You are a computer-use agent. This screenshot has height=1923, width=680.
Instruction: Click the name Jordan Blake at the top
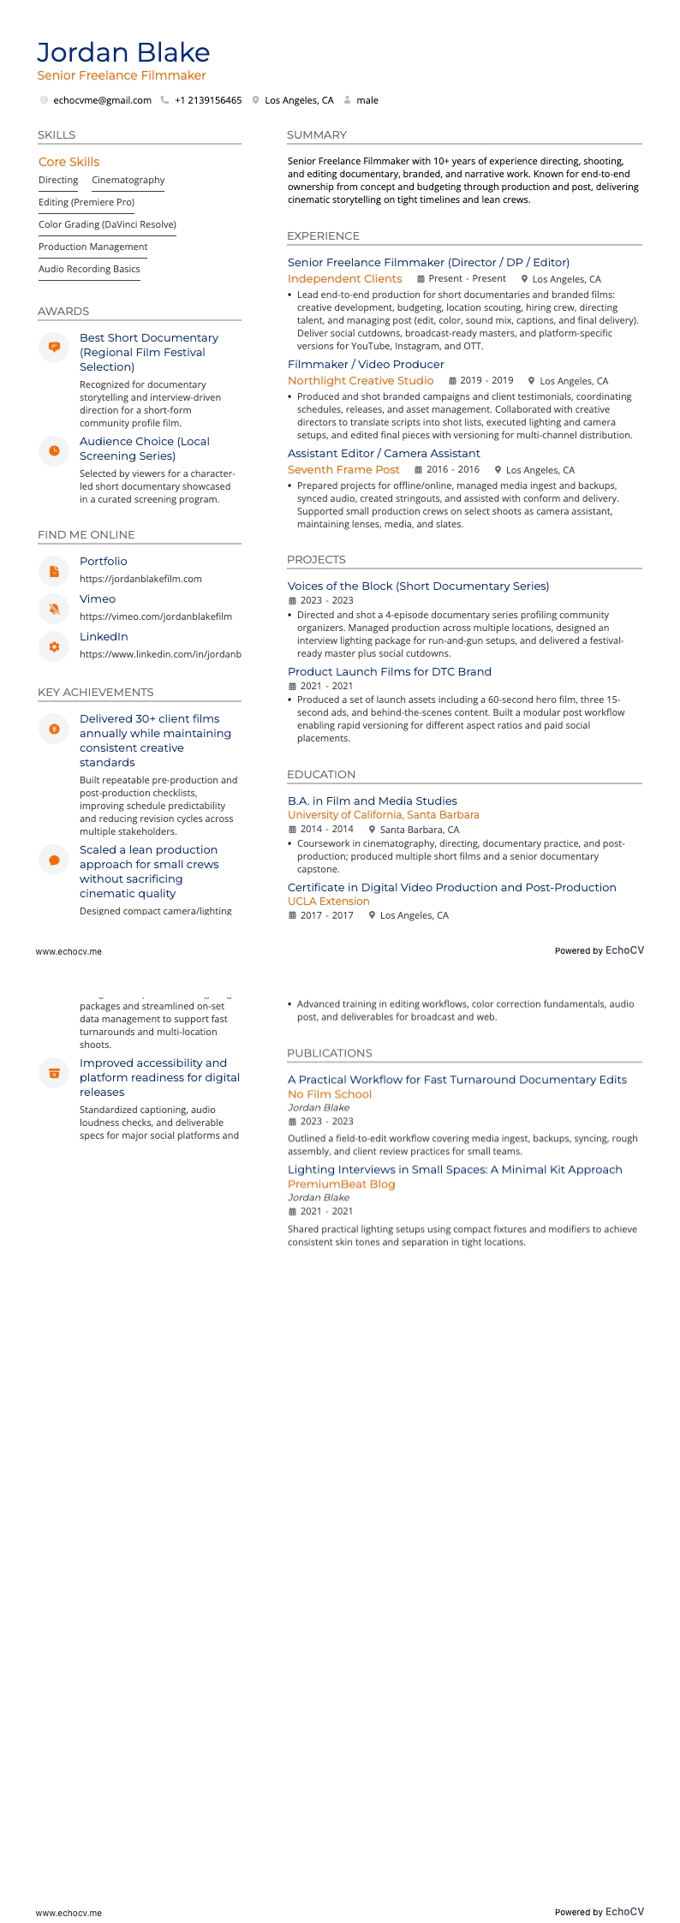tap(123, 53)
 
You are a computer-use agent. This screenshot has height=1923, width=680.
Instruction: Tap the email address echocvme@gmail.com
tap(102, 100)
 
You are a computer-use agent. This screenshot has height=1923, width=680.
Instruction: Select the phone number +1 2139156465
tap(208, 100)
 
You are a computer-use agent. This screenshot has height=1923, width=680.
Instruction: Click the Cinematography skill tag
tap(128, 180)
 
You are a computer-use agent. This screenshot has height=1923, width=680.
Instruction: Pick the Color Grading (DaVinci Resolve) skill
tap(107, 224)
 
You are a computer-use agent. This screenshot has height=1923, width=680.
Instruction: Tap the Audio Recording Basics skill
tap(89, 269)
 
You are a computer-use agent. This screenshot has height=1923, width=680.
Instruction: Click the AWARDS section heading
tap(63, 311)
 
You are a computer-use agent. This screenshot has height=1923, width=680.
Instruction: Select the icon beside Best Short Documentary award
tap(54, 347)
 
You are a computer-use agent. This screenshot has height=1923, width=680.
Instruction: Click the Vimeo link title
tap(98, 598)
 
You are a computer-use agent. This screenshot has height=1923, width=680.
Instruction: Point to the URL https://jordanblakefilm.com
tap(140, 579)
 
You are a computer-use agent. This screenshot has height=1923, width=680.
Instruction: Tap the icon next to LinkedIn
tap(54, 646)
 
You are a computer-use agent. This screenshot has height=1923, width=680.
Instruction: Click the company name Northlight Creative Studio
tap(361, 380)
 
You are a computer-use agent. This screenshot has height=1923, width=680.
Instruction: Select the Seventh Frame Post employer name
tap(343, 469)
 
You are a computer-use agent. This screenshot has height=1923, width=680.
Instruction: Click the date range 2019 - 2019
tap(486, 380)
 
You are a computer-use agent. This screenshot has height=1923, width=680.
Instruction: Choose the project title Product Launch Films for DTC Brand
tap(390, 671)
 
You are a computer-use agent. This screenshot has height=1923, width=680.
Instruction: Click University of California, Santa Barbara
tap(384, 814)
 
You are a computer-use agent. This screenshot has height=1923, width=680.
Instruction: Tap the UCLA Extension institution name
tap(329, 901)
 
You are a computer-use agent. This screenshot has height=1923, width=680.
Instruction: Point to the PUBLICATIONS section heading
tap(330, 1052)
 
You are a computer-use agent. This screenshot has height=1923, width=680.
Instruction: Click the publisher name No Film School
tap(330, 1093)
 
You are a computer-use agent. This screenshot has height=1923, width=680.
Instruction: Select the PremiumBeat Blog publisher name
tap(342, 1183)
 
